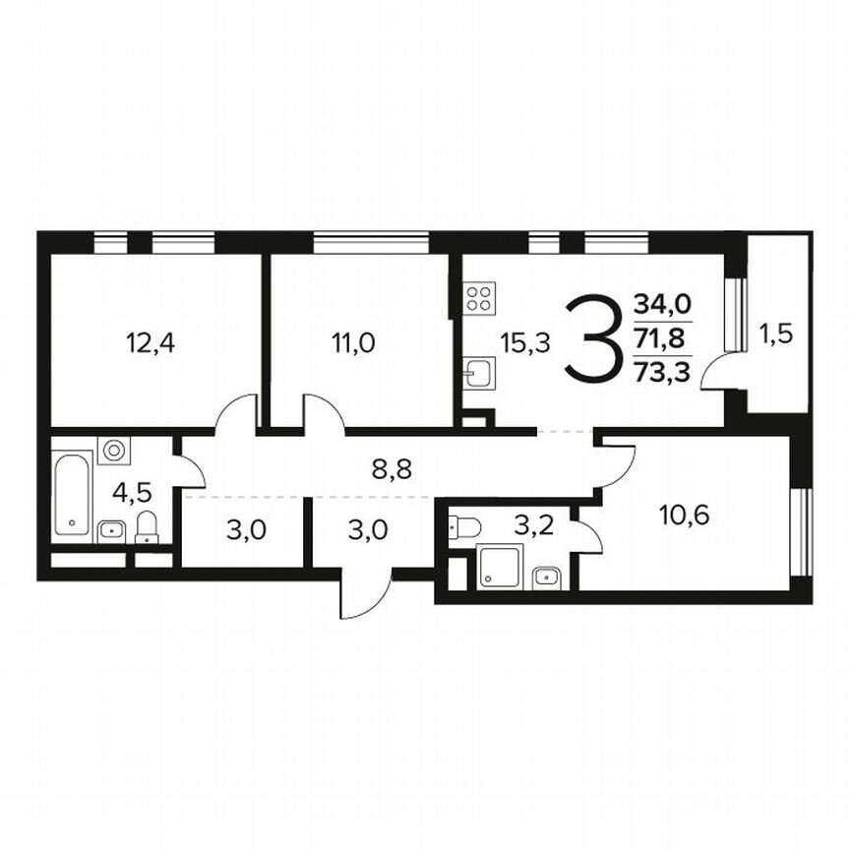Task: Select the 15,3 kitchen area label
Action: [524, 342]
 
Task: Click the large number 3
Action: [594, 340]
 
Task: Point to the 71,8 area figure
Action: [662, 339]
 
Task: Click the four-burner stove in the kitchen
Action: [479, 298]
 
